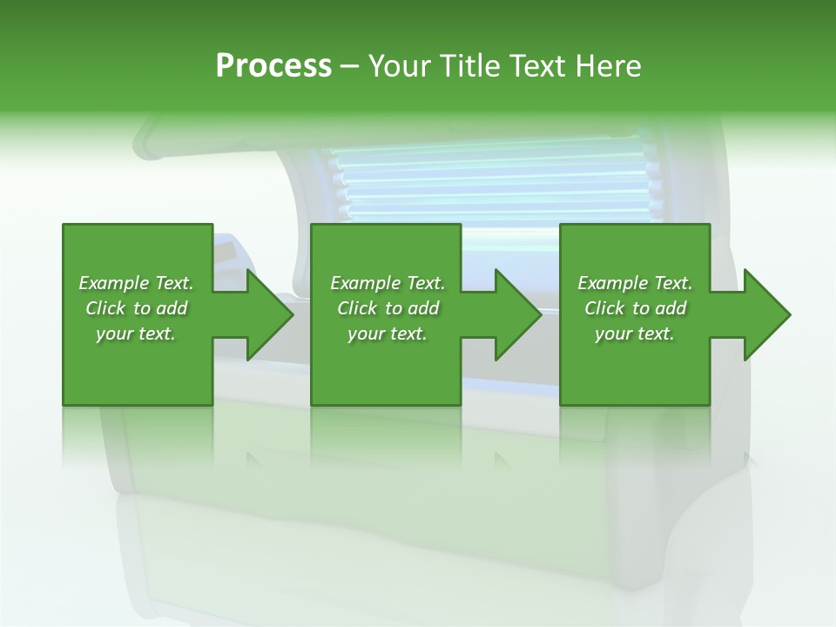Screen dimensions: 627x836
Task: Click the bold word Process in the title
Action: (x=273, y=66)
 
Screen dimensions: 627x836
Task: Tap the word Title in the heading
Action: (x=470, y=66)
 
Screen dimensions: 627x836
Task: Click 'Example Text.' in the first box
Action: (x=136, y=283)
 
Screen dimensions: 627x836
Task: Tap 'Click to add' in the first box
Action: (x=136, y=308)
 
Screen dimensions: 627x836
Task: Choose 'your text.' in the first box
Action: (x=136, y=334)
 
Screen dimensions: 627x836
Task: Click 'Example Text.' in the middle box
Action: (x=387, y=283)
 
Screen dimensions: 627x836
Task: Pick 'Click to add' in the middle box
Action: (x=387, y=308)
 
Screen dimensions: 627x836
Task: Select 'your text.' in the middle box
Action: (x=387, y=334)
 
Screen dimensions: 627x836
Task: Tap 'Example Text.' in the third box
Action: (x=635, y=283)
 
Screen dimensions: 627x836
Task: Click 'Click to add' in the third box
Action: (x=635, y=308)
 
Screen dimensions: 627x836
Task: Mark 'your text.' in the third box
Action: (x=635, y=334)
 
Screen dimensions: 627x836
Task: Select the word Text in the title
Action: (x=539, y=66)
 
